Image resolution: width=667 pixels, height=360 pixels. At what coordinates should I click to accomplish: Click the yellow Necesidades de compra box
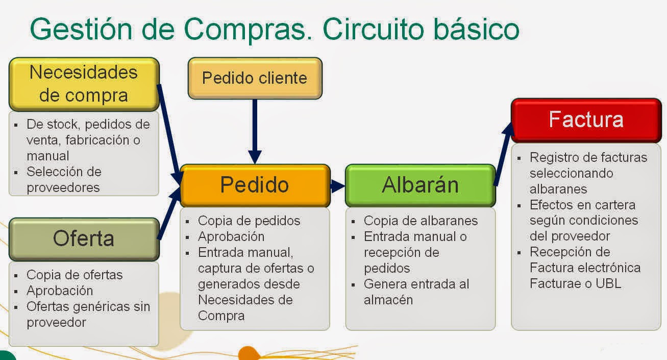pos(84,84)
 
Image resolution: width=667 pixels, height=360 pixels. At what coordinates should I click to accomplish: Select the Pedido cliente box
pos(255,78)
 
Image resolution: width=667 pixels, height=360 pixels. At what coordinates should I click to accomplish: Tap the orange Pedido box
pos(255,185)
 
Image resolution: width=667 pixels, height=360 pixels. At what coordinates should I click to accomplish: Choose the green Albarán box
pos(420,185)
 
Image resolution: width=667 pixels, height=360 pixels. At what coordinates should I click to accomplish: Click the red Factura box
pos(586,119)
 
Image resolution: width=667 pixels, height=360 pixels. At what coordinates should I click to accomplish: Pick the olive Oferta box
pos(84,238)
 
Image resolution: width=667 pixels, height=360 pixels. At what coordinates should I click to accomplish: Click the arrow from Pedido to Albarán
pos(337,186)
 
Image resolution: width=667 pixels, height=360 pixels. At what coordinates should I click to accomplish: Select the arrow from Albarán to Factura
pos(503,153)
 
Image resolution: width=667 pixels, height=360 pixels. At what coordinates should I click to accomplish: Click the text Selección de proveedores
pos(64,179)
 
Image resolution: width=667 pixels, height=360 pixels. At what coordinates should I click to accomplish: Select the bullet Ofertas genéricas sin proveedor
pos(88,315)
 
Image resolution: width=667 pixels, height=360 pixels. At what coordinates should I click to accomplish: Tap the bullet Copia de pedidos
pos(249,221)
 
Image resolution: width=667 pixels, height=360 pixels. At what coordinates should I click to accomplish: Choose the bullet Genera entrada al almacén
pos(416,292)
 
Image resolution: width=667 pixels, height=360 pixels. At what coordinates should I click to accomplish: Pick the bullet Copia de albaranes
pos(421,221)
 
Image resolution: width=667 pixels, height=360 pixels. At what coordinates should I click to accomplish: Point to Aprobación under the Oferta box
pos(60,291)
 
